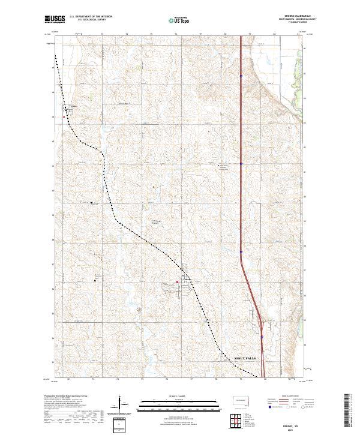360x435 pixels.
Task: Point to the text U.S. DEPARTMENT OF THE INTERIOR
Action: (x=90, y=18)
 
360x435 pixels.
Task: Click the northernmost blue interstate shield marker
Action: (x=241, y=76)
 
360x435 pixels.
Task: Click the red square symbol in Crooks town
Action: (x=177, y=281)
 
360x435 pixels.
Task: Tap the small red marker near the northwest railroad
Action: (x=64, y=118)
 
